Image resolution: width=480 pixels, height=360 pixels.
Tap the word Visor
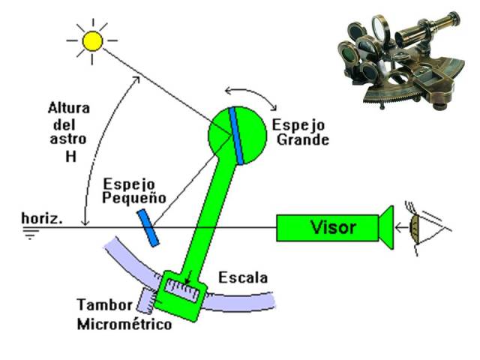click(334, 226)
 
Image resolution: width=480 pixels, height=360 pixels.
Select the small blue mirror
click(148, 227)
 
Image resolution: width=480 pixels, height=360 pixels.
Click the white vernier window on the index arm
click(183, 289)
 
